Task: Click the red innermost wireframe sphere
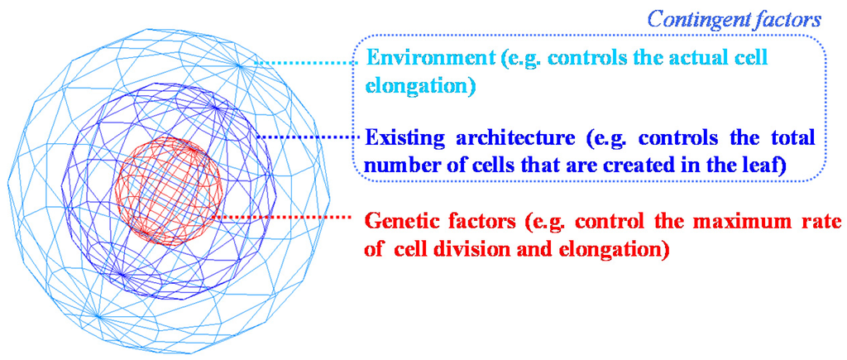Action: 170,194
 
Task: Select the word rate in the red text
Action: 824,223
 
